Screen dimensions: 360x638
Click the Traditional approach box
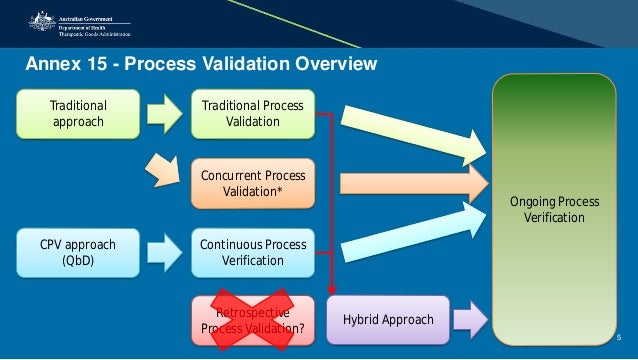pos(77,114)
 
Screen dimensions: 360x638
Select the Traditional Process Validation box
pos(252,114)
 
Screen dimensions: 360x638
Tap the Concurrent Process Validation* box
pos(252,183)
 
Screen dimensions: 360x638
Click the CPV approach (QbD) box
pos(77,253)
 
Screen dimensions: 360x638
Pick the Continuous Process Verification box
pos(252,253)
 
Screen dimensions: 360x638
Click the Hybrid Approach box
pos(388,320)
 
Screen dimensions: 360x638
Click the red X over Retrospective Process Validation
pos(251,320)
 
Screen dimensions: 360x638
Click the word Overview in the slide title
pos(331,65)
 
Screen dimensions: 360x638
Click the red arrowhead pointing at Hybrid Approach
pos(331,290)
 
